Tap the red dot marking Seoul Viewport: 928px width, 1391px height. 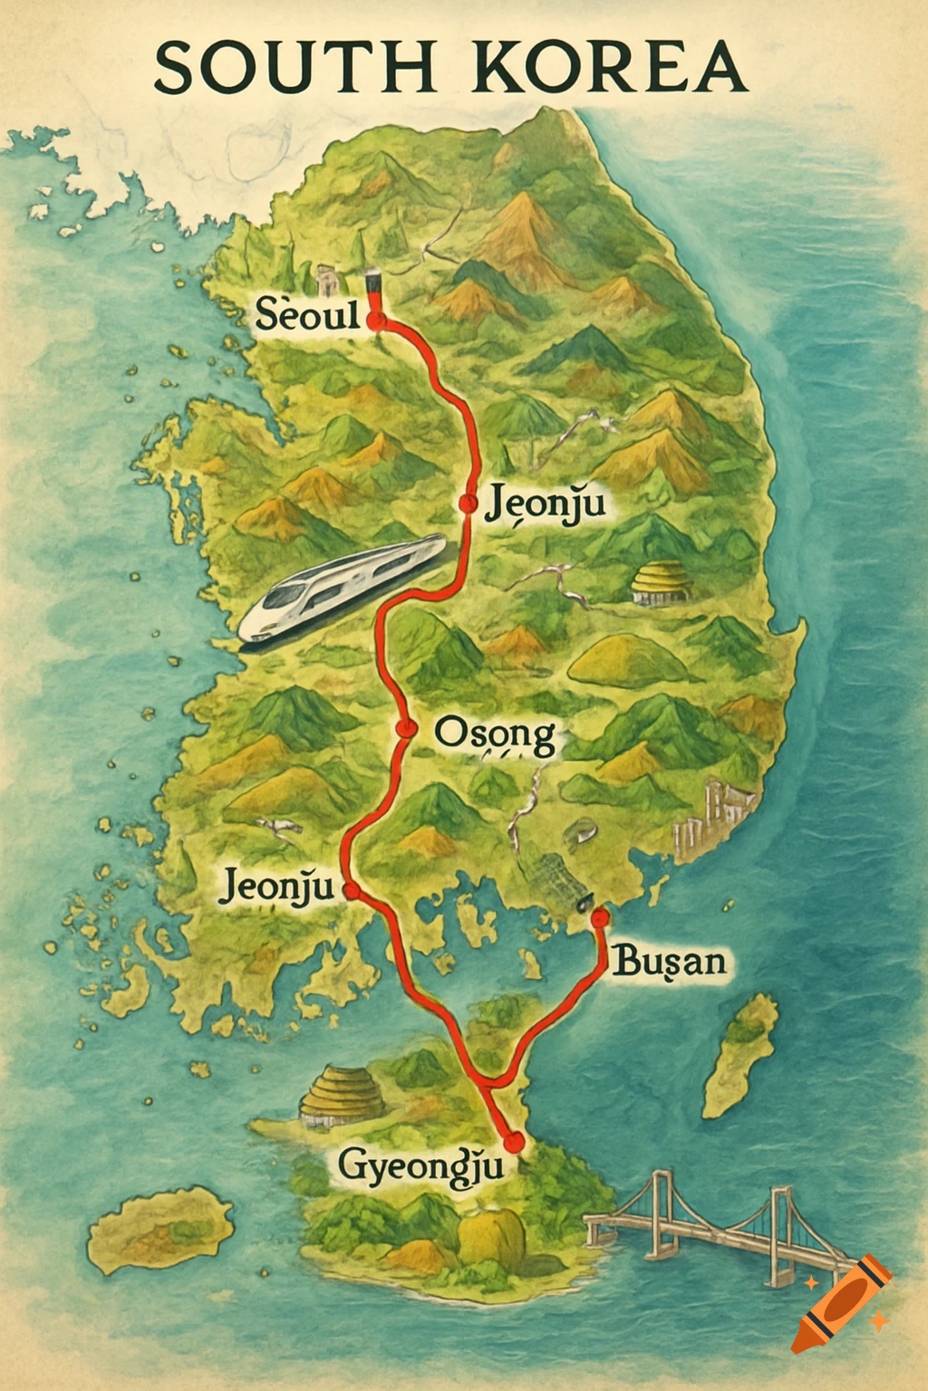click(x=377, y=319)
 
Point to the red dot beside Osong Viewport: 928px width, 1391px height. click(x=404, y=728)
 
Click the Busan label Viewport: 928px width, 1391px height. click(x=670, y=960)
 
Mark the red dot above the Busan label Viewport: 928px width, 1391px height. click(x=599, y=917)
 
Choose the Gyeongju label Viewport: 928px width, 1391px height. click(x=420, y=1165)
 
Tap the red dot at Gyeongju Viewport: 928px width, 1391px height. click(x=515, y=1140)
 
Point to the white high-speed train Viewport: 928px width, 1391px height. click(x=343, y=589)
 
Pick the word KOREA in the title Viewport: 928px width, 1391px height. click(x=608, y=68)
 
